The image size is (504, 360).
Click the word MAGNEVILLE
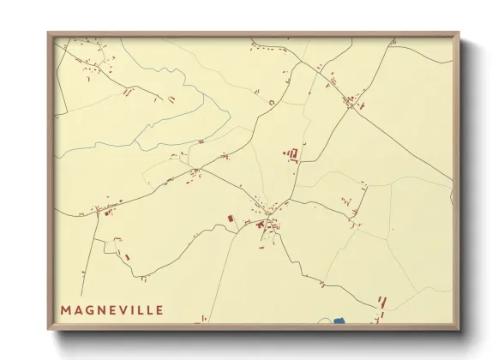[x=111, y=309]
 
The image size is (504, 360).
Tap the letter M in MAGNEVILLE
[x=66, y=309]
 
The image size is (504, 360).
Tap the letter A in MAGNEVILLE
[x=77, y=309]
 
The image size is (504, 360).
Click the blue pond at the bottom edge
[x=338, y=321]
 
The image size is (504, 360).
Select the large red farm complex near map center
[x=292, y=154]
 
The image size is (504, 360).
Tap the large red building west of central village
[x=230, y=219]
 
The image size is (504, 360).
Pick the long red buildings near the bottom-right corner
[x=382, y=303]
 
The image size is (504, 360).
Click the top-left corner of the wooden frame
[x=49, y=33]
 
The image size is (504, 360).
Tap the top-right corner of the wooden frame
[x=459, y=33]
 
